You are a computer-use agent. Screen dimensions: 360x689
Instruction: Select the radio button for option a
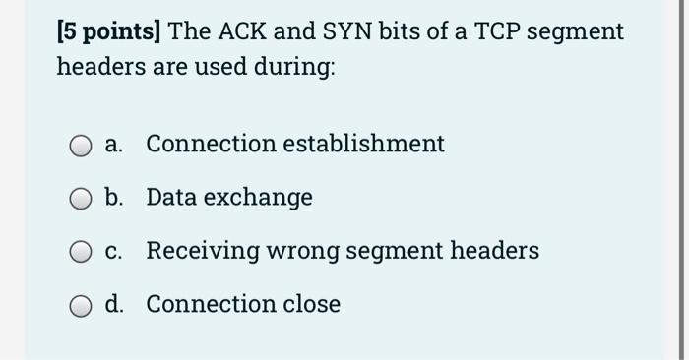[x=81, y=146]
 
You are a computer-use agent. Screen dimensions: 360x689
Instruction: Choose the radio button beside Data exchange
[x=81, y=199]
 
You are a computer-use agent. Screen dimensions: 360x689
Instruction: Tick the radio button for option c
[x=81, y=252]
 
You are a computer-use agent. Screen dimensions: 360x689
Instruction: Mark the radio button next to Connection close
[x=81, y=306]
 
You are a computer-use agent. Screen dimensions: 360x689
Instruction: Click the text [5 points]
[x=108, y=31]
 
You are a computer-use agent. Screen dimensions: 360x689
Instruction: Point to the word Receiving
[x=199, y=251]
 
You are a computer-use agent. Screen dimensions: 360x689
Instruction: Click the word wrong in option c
[x=292, y=251]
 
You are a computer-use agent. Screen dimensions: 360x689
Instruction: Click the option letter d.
[x=115, y=304]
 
